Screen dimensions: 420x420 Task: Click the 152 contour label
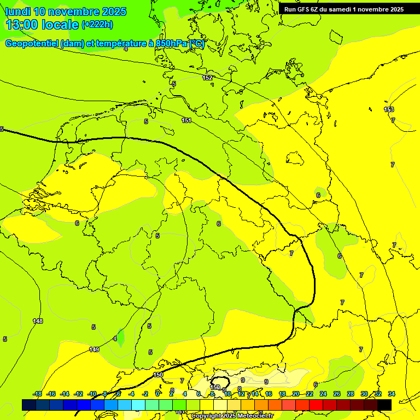pos(207,78)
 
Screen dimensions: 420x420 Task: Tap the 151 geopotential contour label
pos(186,120)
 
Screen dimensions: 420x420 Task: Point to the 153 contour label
pos(389,109)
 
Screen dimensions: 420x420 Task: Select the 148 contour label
pos(38,321)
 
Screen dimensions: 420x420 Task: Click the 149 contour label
pos(94,349)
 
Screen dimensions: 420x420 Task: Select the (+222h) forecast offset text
pos(97,24)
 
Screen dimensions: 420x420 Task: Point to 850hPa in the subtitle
pos(171,44)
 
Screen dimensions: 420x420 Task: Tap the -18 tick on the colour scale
pos(37,394)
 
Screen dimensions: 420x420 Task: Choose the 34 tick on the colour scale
pos(392,394)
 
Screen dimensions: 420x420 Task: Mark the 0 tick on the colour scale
pos(157,394)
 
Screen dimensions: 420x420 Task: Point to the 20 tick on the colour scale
pos(295,394)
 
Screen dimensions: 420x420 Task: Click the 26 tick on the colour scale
pos(337,394)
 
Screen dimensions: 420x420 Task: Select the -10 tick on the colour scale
pos(92,394)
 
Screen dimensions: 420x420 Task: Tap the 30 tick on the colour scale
pos(364,394)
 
